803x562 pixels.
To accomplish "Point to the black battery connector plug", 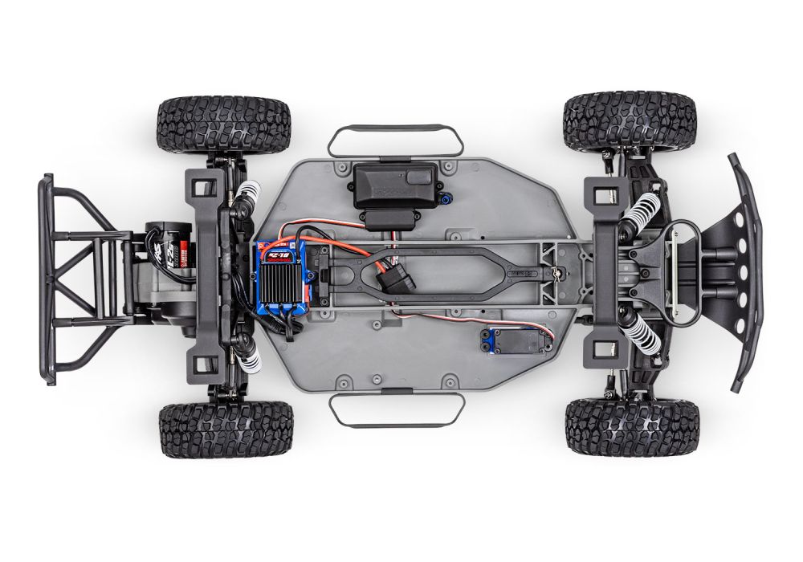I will [393, 283].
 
